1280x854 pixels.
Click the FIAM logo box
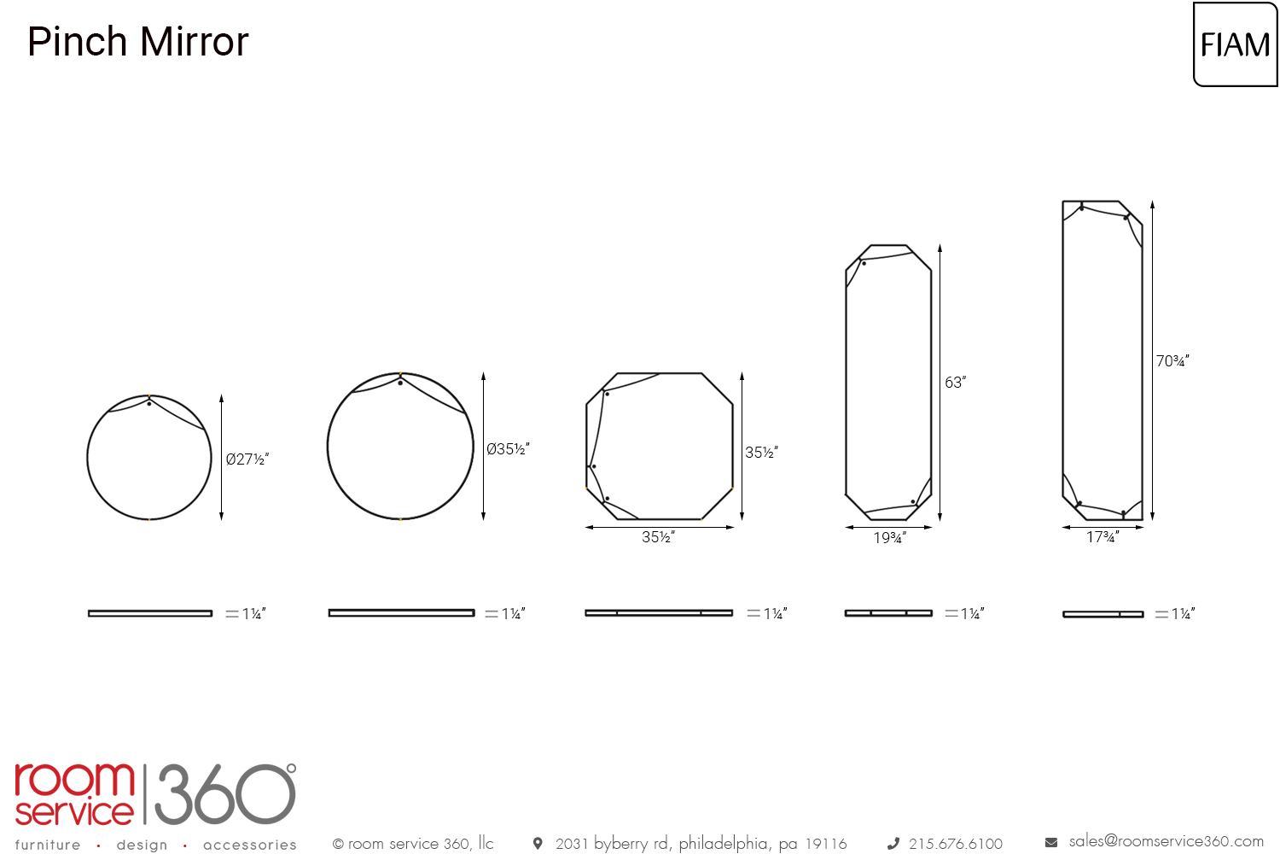(1235, 44)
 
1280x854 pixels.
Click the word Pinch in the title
(77, 42)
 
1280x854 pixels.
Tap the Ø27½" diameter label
(247, 459)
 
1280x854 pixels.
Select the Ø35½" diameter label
(508, 449)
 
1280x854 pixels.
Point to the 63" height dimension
(955, 382)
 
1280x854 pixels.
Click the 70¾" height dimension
(1172, 361)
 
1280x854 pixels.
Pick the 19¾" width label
(889, 538)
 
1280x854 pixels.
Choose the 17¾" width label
(1103, 537)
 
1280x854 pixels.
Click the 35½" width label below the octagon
(658, 537)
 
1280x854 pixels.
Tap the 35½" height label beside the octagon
(761, 453)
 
